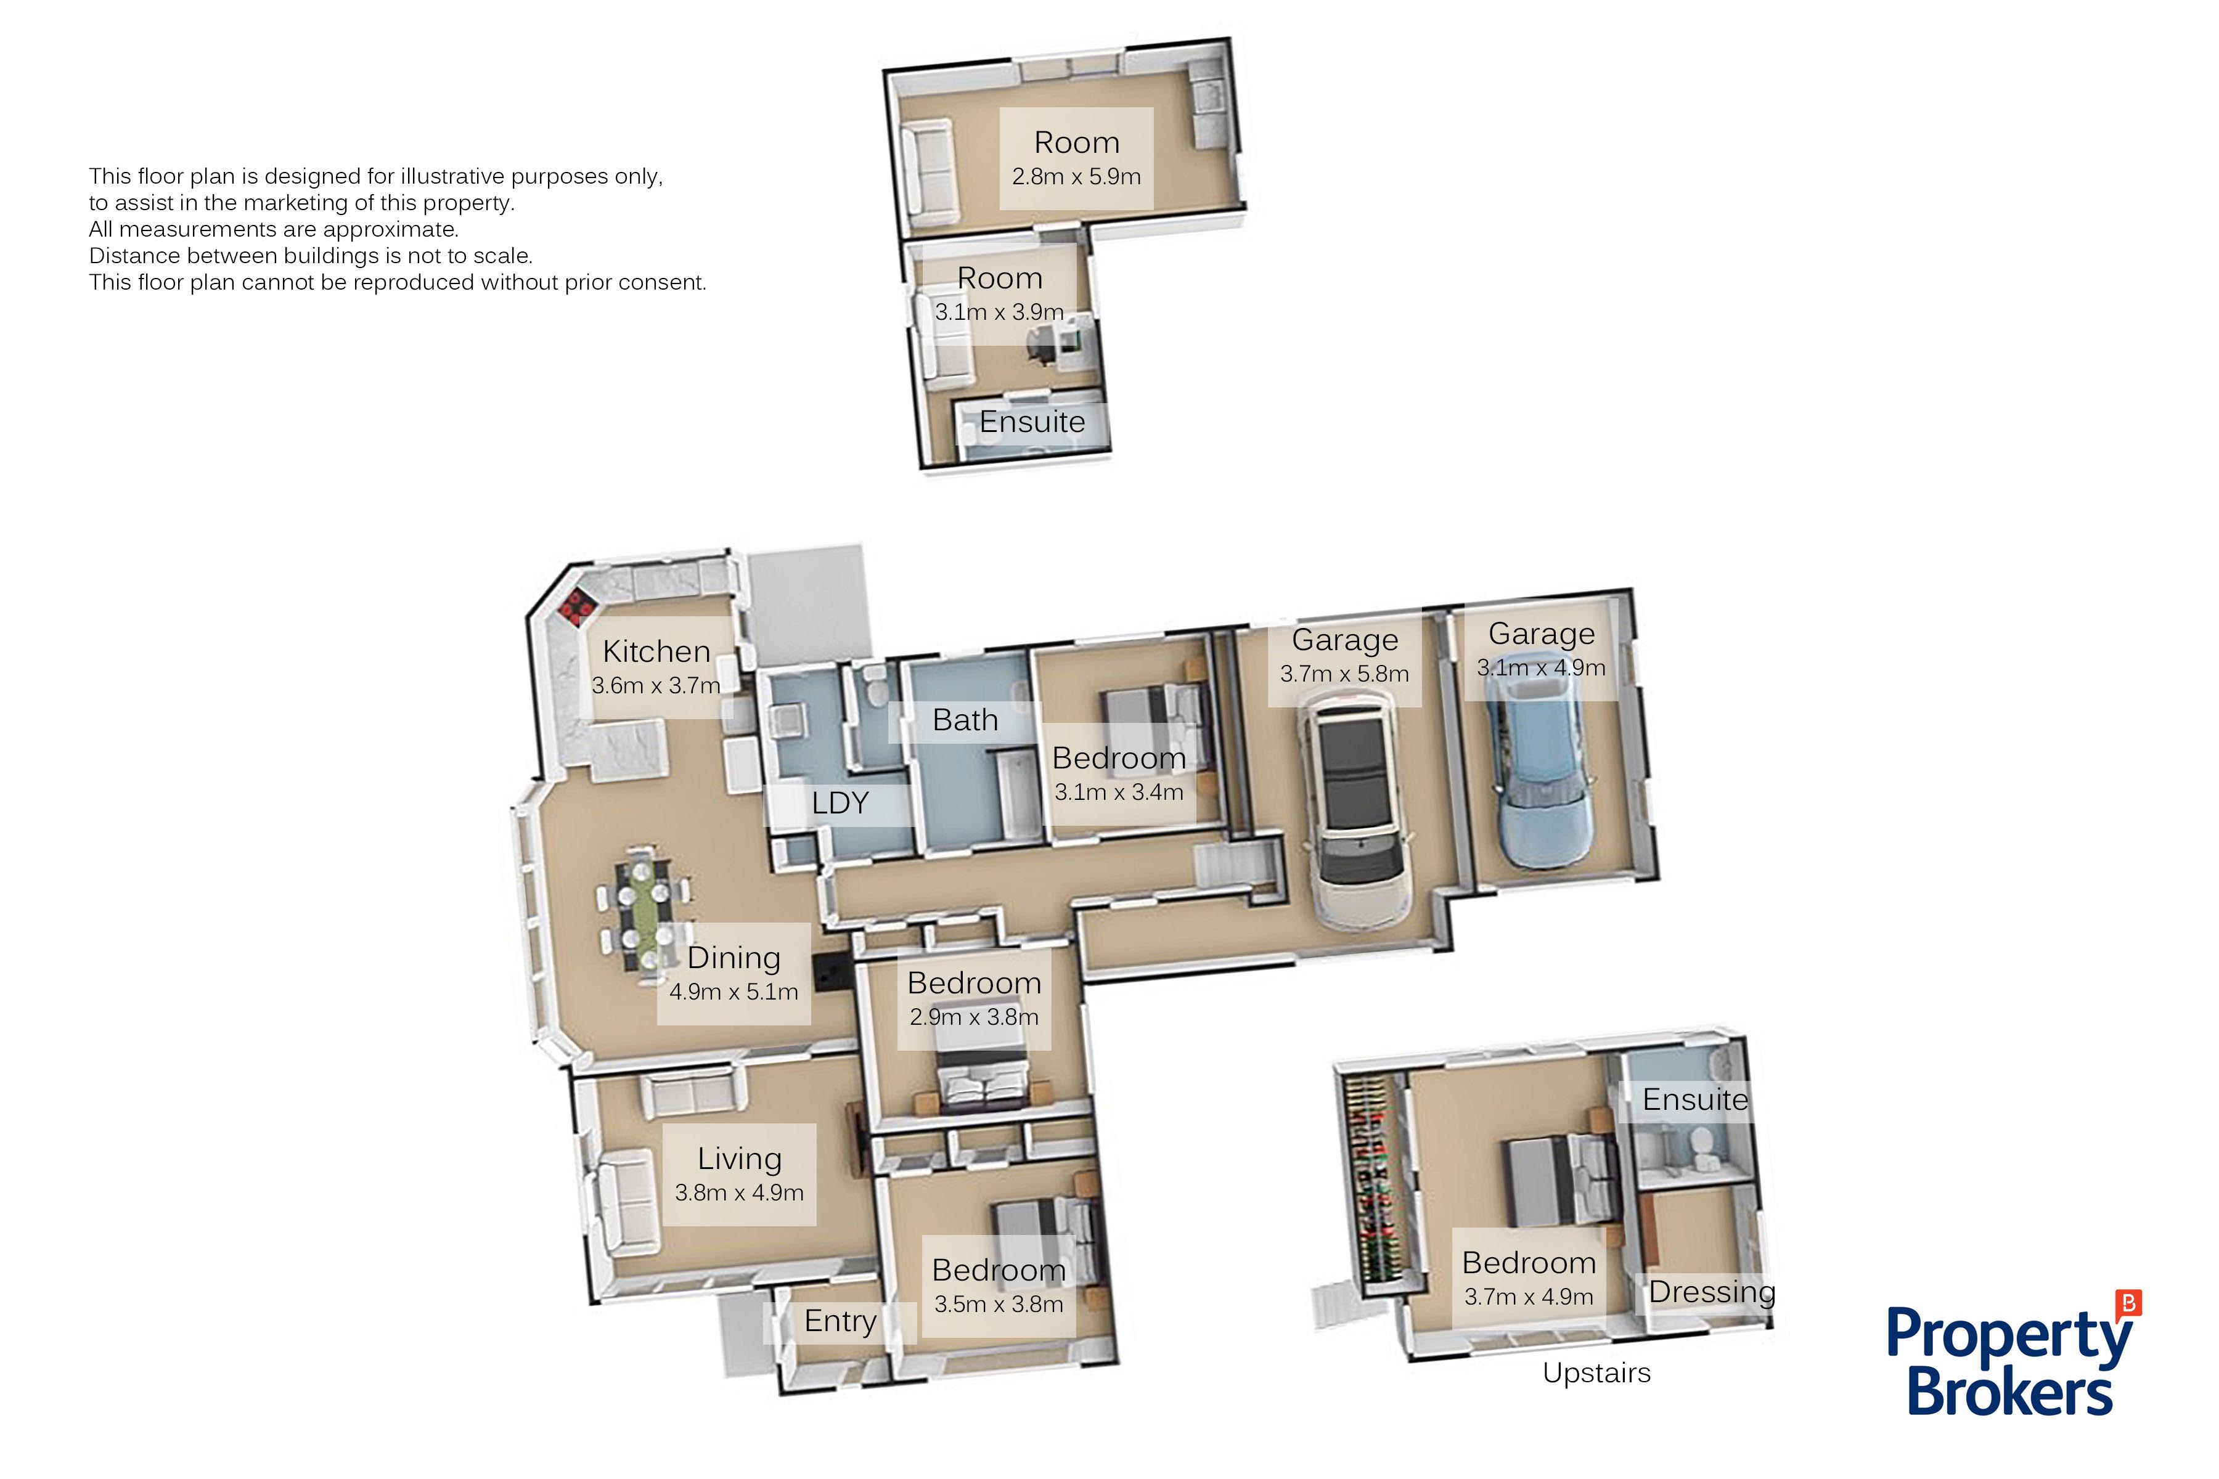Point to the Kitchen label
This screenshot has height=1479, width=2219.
(x=656, y=652)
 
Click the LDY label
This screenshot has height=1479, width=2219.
(x=840, y=803)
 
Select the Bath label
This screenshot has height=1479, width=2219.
(x=965, y=720)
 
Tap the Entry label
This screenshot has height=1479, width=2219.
(x=840, y=1321)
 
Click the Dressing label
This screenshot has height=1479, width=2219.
(x=1712, y=1292)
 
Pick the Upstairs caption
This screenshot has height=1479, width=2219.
(x=1596, y=1374)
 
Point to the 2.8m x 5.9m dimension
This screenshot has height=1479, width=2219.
(x=1076, y=176)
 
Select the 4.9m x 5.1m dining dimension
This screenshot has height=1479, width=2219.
(x=734, y=992)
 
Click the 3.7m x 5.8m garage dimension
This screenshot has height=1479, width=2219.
(x=1344, y=674)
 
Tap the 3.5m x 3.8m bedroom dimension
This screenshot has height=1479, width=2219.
(x=998, y=1305)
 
